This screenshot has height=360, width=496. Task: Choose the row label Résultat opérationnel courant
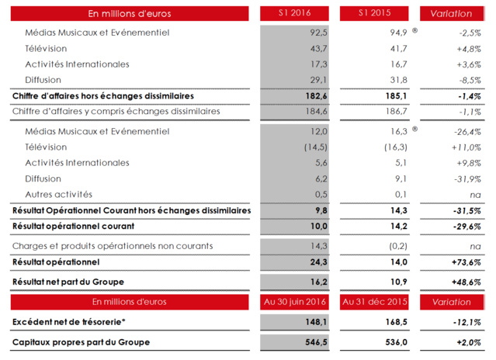(x=74, y=226)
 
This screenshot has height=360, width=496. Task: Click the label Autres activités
(x=58, y=194)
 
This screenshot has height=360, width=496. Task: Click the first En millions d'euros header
(x=130, y=13)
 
